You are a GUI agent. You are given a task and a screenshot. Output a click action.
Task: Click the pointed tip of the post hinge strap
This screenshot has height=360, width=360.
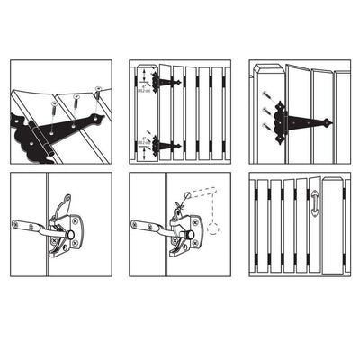[x=329, y=122]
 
